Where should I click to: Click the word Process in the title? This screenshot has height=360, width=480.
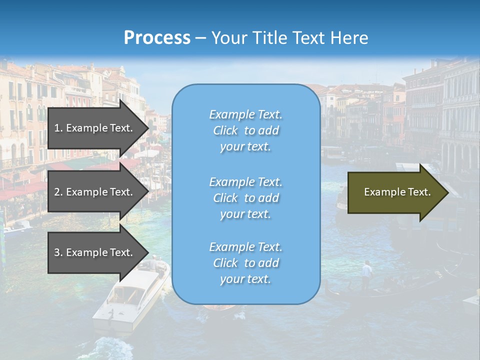[157, 38]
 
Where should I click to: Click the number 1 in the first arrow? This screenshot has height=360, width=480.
[56, 128]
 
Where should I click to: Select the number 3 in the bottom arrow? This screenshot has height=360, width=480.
[57, 252]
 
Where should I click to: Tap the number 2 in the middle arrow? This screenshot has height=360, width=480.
[57, 192]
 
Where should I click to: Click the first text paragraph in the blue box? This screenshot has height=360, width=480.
[245, 130]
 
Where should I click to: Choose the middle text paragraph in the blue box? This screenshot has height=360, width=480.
[245, 197]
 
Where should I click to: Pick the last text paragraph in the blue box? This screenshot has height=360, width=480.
[245, 263]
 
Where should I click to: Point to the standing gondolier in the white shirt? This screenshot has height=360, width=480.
[367, 273]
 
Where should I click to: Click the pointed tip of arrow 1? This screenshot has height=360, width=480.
[148, 128]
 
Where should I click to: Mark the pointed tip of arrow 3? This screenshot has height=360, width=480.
[148, 252]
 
